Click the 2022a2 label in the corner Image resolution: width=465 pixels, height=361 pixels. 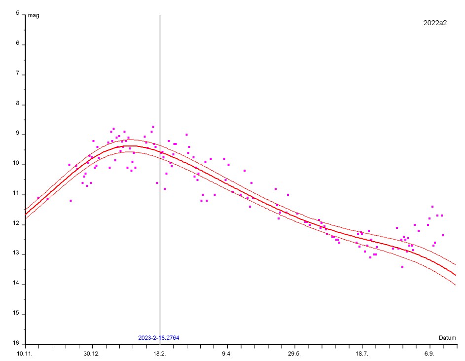[435, 23]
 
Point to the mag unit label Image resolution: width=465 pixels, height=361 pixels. [34, 15]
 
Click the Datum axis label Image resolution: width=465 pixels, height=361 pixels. [447, 338]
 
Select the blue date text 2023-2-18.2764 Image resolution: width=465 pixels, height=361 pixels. [158, 338]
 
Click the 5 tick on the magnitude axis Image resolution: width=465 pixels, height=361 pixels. [17, 14]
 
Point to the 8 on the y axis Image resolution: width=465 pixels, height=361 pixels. [17, 104]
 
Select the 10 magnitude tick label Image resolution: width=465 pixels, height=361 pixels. [16, 164]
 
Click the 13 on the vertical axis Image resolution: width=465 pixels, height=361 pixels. [16, 254]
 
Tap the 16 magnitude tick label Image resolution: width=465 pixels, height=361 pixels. [16, 344]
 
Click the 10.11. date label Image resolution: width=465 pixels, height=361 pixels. [25, 354]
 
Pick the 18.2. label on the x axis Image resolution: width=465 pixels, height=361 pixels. [160, 354]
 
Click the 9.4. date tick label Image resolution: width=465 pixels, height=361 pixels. [227, 354]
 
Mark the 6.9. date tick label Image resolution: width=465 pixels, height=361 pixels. [429, 354]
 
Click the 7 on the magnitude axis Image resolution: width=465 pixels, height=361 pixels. [17, 74]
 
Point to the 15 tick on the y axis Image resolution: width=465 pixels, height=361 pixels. [16, 314]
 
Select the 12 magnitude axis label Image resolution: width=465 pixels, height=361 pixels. [16, 224]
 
